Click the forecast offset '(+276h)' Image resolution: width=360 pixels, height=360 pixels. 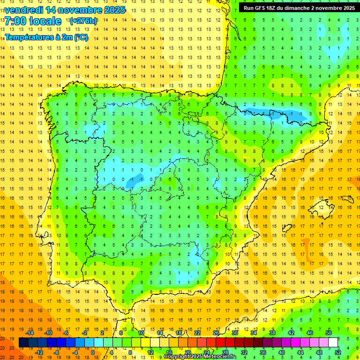83,21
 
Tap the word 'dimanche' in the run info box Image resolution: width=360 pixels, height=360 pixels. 305,8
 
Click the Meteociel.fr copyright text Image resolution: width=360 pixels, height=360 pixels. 200,357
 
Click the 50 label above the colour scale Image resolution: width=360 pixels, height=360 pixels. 329,333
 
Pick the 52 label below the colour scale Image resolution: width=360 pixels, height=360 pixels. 338,352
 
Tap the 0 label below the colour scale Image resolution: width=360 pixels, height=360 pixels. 92,352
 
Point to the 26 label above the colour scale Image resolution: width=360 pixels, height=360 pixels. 216,333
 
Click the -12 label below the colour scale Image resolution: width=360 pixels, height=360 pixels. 39,352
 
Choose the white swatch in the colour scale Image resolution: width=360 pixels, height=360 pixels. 333,343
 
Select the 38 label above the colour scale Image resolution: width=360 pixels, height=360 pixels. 272,333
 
